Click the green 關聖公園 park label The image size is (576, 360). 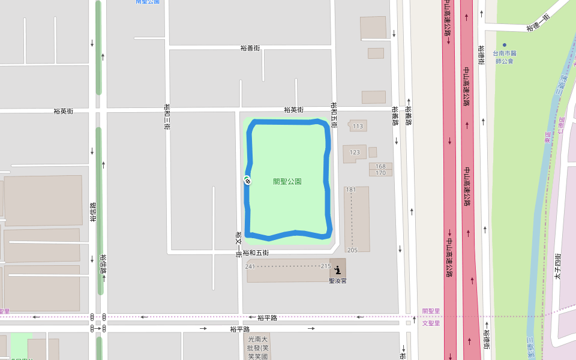tap(287, 181)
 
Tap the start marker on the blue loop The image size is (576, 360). tap(247, 179)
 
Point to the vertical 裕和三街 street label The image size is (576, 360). tap(167, 117)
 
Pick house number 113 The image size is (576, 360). tap(358, 126)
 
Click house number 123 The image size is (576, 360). tap(355, 152)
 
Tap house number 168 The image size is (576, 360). tap(380, 166)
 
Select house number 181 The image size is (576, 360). tap(351, 190)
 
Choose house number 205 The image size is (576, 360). tap(352, 250)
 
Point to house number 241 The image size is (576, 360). tap(250, 266)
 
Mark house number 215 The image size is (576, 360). tap(326, 266)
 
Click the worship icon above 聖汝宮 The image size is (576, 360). tap(338, 269)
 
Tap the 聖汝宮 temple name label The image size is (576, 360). tap(338, 280)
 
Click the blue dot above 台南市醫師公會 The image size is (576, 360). tap(505, 45)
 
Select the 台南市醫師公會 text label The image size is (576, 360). tap(505, 57)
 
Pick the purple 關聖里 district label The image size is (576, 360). tap(431, 311)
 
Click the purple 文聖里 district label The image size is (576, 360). tap(431, 323)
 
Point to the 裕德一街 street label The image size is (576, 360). tap(538, 23)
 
